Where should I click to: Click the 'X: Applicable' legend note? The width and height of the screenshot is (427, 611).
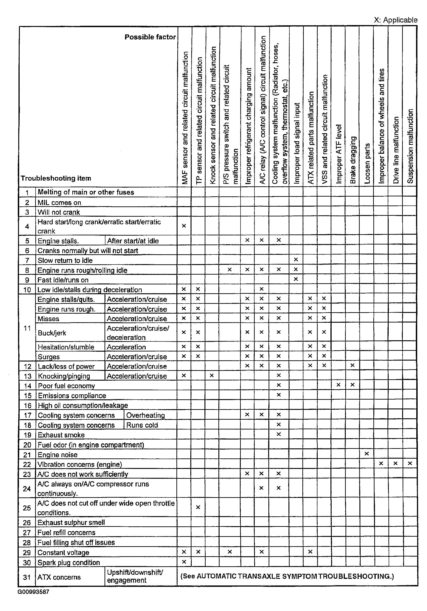395,20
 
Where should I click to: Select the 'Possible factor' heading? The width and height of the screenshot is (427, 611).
150,37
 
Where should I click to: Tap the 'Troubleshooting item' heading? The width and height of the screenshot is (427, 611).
56,178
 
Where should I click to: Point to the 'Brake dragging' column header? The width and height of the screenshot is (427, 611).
353,160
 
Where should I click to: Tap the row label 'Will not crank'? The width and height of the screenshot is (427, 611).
59,212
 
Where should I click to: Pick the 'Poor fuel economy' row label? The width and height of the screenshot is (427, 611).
66,386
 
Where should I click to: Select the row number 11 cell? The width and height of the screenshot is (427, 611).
27,328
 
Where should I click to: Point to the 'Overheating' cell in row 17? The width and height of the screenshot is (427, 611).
145,415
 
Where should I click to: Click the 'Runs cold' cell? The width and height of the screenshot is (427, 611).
142,425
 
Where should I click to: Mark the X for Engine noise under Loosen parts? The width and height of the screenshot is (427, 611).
367,454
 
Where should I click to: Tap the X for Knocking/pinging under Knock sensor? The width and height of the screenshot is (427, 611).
212,375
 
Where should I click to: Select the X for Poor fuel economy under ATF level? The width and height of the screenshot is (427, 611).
338,385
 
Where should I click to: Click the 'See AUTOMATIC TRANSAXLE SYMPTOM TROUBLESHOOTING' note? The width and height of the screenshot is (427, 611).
287,576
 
